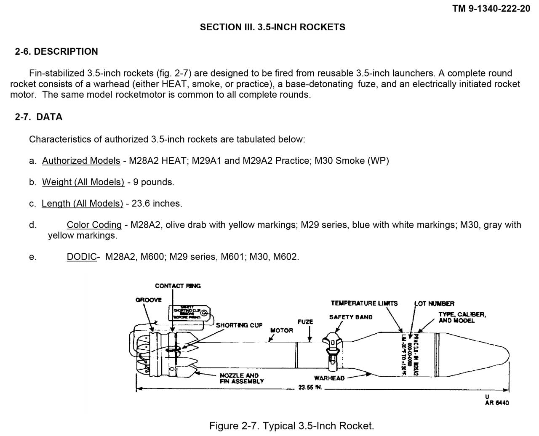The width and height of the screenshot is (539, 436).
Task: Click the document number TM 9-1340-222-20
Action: click(x=491, y=8)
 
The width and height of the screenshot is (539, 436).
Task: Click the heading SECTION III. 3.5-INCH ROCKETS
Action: click(x=272, y=27)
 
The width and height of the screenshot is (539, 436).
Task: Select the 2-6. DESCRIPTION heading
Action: click(x=56, y=52)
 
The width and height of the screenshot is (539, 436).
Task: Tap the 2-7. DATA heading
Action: click(x=39, y=117)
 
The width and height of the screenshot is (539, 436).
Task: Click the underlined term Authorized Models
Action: click(x=81, y=161)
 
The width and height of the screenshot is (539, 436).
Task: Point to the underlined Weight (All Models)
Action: click(x=83, y=182)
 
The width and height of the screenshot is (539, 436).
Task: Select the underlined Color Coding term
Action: click(x=94, y=225)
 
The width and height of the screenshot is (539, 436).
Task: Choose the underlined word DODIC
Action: click(x=81, y=257)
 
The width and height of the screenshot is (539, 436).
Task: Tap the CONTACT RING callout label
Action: click(x=178, y=286)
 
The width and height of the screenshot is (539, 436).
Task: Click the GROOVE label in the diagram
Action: click(x=148, y=300)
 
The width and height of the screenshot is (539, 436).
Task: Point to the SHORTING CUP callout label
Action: click(x=239, y=325)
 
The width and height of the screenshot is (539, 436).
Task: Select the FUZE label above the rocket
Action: click(x=305, y=322)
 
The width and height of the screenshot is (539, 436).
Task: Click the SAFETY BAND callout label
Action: click(x=351, y=317)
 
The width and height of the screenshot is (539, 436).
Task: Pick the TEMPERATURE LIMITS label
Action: click(x=364, y=303)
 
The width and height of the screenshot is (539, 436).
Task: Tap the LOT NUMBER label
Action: click(x=434, y=303)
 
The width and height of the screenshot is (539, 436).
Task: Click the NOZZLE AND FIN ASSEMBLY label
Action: click(x=241, y=378)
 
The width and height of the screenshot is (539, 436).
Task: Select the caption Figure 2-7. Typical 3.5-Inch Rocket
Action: click(x=291, y=426)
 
